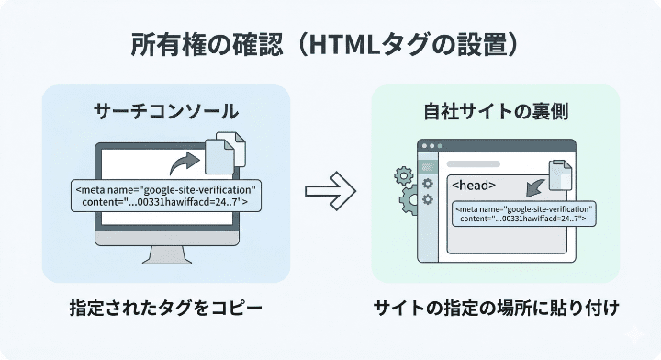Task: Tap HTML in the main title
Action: [x=347, y=45]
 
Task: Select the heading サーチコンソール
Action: [x=166, y=112]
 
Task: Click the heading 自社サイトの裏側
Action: [x=496, y=112]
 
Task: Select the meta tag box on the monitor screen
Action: [x=165, y=194]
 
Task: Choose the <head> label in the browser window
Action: [x=476, y=185]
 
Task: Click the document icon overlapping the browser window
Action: [x=561, y=175]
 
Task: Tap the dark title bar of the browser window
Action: [x=496, y=146]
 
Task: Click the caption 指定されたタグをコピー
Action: [x=165, y=308]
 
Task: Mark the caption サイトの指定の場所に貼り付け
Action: [x=496, y=308]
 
